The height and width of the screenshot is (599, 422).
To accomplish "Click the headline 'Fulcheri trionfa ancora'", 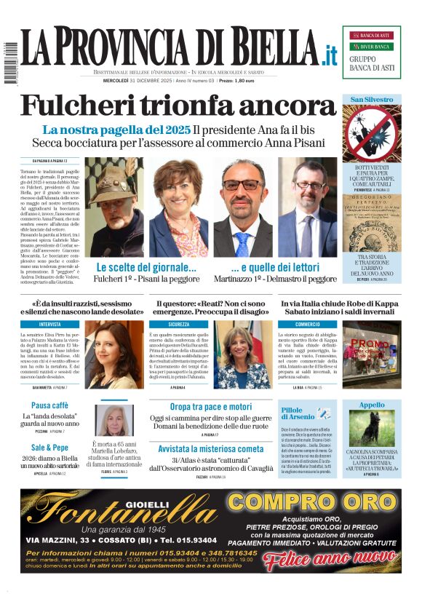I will point(179,106).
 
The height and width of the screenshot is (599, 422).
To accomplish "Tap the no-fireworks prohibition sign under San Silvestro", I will point(371,133).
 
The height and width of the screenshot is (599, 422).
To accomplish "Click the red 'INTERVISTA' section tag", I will point(50,323).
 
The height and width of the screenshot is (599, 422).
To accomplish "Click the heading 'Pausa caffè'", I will point(50,405).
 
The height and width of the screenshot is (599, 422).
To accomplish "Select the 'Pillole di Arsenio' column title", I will point(299,414).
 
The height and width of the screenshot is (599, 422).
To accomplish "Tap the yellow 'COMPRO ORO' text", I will point(314,502).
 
